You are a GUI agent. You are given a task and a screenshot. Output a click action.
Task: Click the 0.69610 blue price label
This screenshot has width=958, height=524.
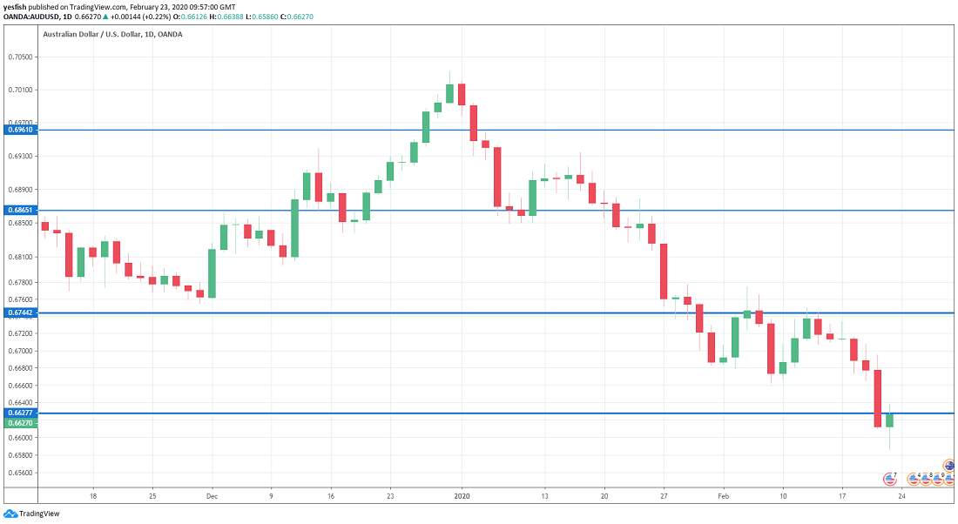[x=19, y=130]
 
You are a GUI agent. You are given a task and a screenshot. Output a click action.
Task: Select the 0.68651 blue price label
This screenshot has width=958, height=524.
[x=19, y=211]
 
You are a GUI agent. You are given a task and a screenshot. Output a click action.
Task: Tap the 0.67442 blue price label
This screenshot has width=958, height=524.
[x=19, y=312]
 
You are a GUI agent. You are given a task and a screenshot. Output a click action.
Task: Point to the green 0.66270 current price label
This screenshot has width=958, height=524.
[x=19, y=423]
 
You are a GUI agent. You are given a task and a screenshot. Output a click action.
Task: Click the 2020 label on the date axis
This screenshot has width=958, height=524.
[x=462, y=494]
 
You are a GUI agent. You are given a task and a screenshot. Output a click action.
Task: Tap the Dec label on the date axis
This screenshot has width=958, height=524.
[x=212, y=494]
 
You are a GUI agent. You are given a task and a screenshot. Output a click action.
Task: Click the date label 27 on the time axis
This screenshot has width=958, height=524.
[x=664, y=494]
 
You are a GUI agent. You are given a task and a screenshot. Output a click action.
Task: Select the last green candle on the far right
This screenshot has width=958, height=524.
[x=889, y=420]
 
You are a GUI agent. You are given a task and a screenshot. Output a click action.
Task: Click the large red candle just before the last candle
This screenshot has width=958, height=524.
[x=878, y=398]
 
